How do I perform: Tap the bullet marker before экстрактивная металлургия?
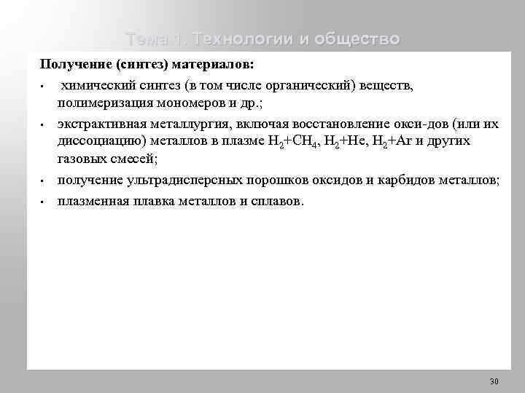point(44,123)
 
